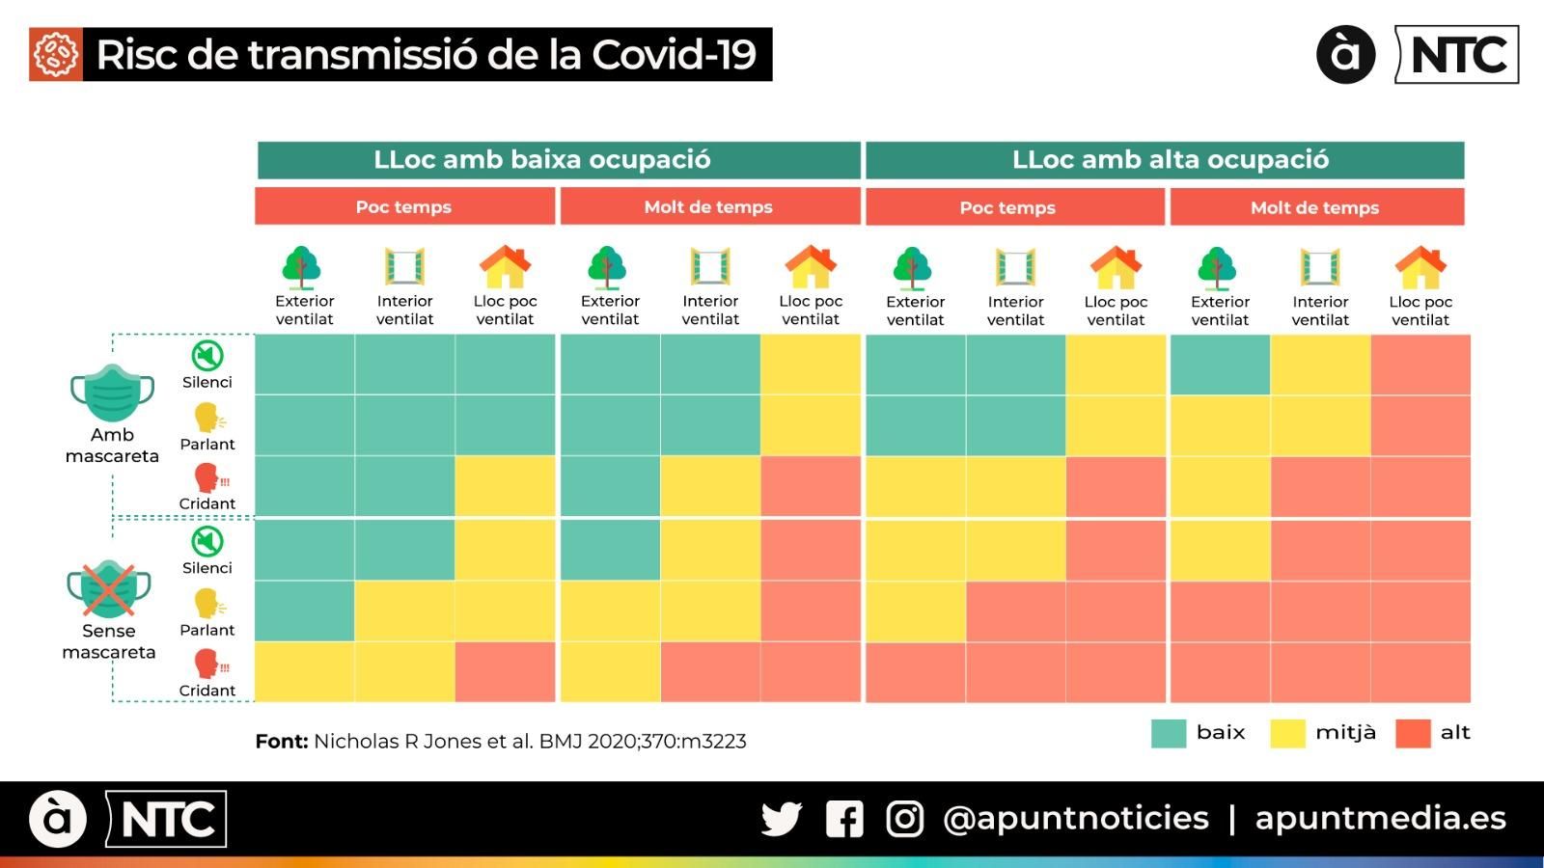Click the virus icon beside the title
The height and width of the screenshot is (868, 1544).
coord(56,54)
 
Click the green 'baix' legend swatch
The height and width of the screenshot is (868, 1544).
coord(1168,733)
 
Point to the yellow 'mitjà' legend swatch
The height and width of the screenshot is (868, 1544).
coord(1287,733)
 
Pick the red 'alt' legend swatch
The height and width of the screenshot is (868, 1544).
coord(1413,733)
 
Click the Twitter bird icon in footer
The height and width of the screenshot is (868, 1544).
coord(781,819)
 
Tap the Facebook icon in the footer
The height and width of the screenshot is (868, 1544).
coord(844,819)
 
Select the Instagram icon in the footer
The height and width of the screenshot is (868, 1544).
coord(904,819)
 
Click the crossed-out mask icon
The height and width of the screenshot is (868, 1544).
coord(109,589)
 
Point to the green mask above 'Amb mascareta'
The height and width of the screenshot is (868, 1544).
coord(112,393)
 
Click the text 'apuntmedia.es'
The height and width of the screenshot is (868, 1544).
coord(1380,818)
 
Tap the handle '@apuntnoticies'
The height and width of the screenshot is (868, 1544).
coord(1075,818)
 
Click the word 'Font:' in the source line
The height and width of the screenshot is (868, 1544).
coord(281,742)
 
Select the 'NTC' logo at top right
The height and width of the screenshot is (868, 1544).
coord(1458,55)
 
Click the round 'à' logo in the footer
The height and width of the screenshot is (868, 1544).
coord(58,819)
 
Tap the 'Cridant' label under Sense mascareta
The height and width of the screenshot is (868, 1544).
coord(207,691)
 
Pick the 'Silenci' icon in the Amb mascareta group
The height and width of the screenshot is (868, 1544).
coord(207,356)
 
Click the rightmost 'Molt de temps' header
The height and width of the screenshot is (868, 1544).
coord(1316,207)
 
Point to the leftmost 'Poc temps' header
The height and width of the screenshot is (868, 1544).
coord(404,206)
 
